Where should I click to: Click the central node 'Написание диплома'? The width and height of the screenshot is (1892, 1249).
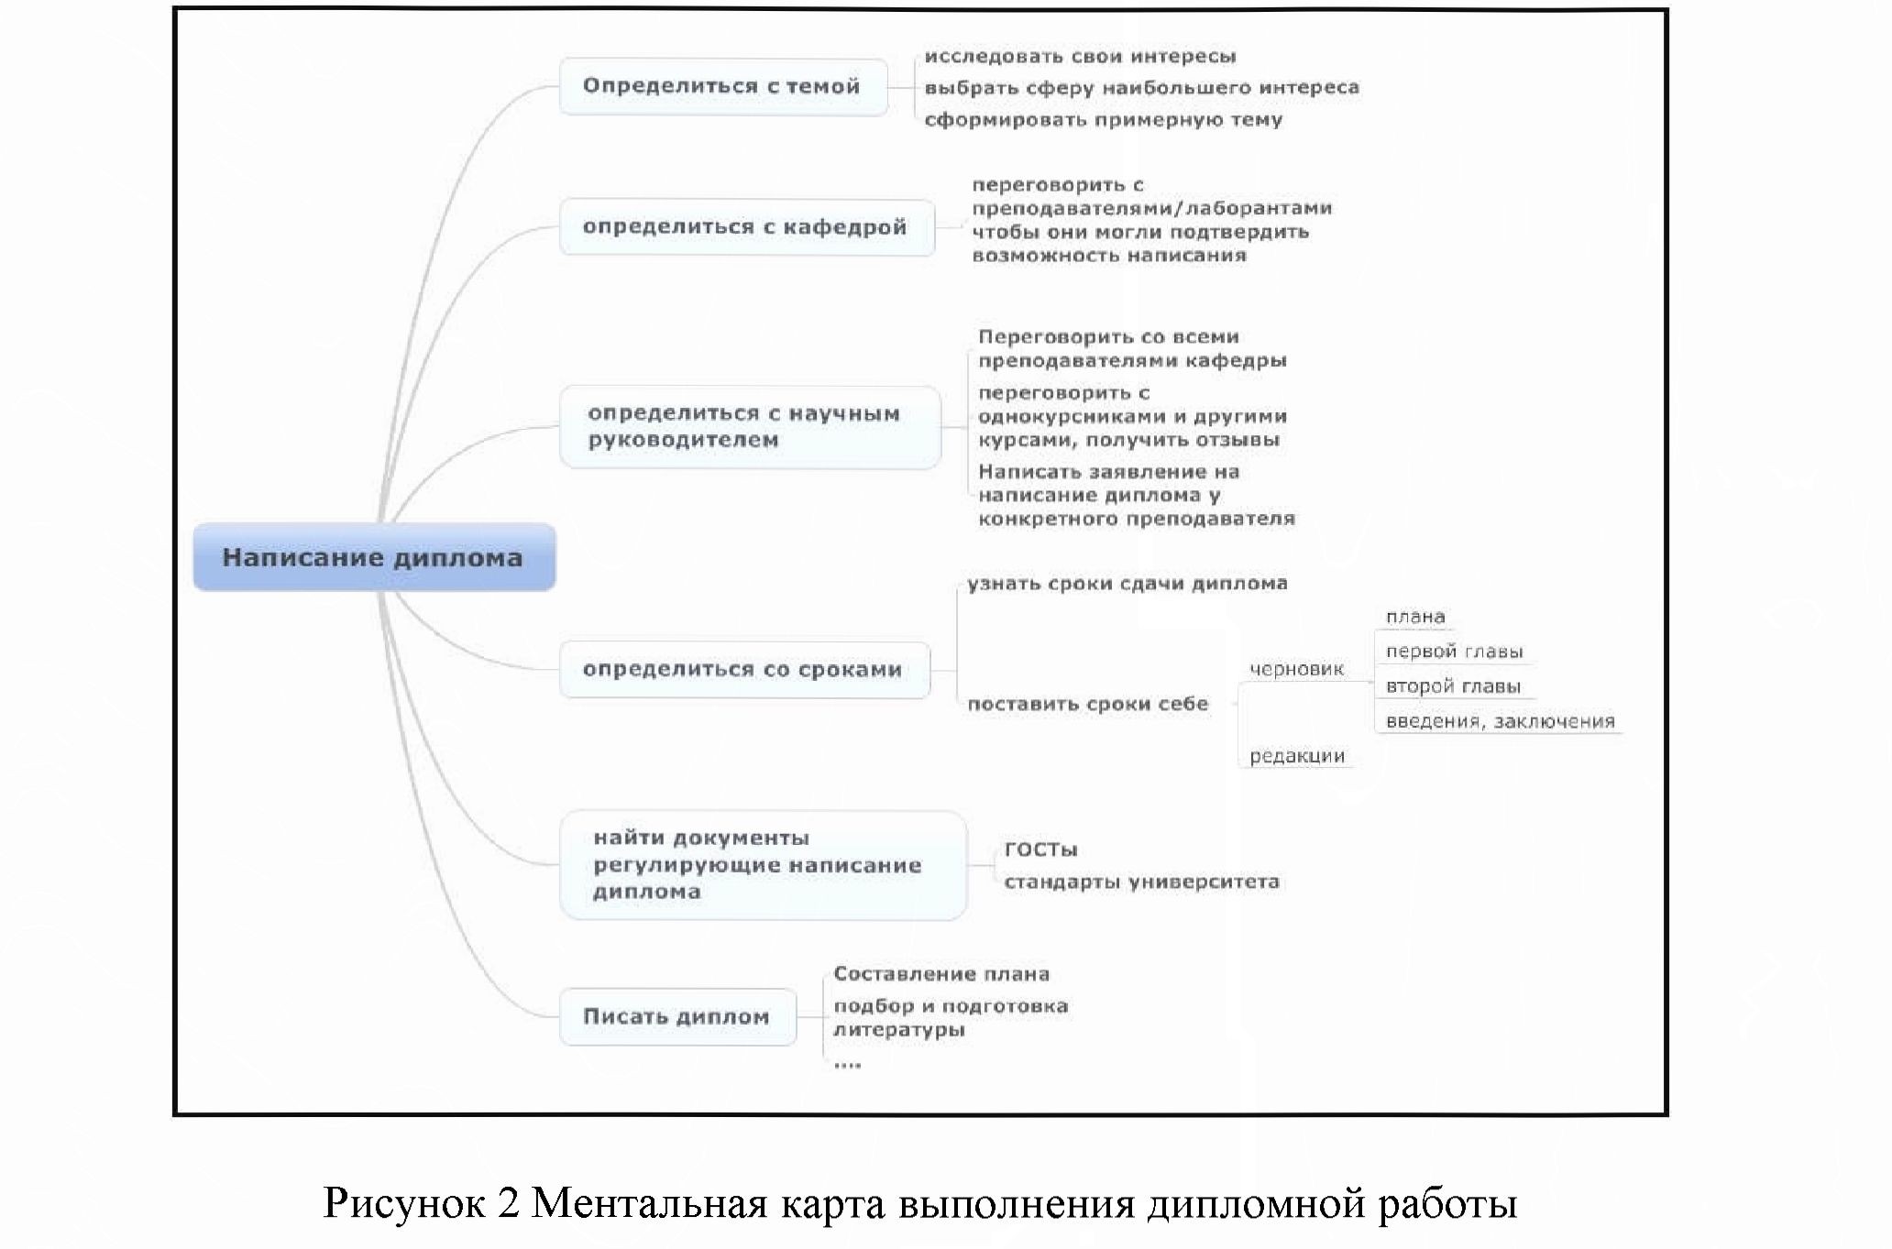pos(373,557)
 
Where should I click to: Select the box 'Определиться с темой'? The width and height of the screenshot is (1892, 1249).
pos(722,87)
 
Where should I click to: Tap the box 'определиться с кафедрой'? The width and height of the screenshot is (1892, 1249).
pos(745,227)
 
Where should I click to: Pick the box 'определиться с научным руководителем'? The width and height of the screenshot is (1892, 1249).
pos(749,427)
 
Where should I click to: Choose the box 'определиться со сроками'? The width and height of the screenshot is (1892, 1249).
pos(743,670)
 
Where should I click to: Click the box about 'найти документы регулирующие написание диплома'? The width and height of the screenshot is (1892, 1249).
pos(762,865)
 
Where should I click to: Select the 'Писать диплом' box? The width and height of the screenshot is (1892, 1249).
pos(676,1016)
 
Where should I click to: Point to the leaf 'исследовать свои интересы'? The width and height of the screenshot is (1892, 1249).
pos(1080,57)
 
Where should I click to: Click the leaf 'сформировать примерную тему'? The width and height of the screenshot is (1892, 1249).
pos(1103,120)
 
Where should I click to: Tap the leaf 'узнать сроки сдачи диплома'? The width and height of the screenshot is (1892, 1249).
pos(1127,584)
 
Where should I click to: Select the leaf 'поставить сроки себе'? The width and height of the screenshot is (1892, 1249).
pos(1087,705)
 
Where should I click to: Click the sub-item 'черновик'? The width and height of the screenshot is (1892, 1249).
pos(1296,670)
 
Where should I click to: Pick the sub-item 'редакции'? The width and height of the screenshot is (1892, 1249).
pos(1296,757)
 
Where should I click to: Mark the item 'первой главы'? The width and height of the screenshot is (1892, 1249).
pos(1454,652)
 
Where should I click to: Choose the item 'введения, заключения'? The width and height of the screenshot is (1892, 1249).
pos(1500,722)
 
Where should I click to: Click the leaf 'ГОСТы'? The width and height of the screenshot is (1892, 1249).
pos(1040,849)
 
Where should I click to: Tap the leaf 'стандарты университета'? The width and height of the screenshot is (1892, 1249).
pos(1141,882)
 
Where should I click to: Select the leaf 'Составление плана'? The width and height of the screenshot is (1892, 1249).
pos(940,974)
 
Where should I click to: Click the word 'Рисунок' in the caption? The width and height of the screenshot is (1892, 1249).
pos(403,1203)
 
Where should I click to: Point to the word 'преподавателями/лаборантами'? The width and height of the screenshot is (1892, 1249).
pos(1151,208)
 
